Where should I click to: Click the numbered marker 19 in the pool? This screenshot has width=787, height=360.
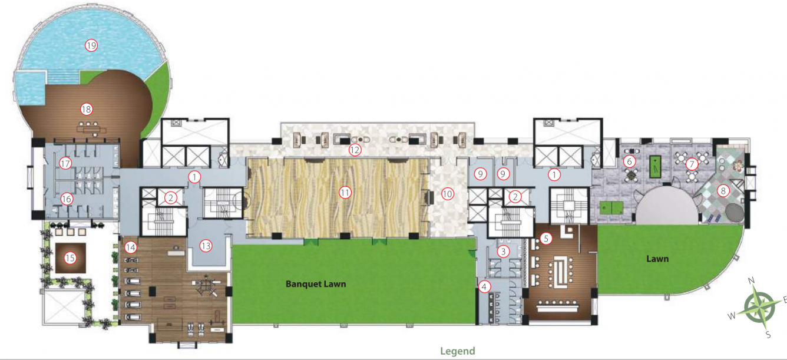click(91, 45)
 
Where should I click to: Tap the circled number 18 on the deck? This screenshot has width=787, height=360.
click(87, 109)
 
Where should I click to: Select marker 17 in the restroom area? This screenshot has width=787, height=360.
click(65, 164)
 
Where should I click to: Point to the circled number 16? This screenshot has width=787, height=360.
click(67, 199)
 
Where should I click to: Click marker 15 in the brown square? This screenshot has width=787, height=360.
click(70, 257)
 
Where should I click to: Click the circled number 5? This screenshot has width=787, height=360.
click(546, 239)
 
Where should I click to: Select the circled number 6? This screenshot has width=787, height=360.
click(630, 161)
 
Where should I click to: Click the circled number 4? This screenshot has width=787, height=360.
click(484, 287)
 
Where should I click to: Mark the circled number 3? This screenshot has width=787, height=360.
click(502, 252)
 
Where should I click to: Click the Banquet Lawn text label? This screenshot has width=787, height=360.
click(316, 283)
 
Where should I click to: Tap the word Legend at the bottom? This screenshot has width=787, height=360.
click(457, 351)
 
